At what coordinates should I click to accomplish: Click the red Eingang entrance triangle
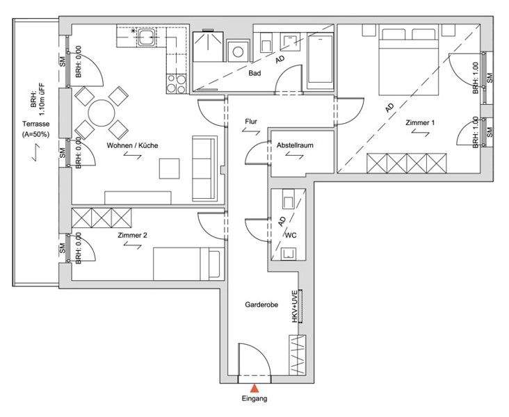point(255,389)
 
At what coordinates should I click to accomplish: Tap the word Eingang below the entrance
point(255,398)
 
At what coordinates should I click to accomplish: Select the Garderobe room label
point(261,304)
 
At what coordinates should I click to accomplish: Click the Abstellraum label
point(295,145)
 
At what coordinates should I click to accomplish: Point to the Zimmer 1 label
point(420,122)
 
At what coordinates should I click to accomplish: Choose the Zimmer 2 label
point(132,236)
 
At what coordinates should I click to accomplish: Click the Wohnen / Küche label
point(132,145)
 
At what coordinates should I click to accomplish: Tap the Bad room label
point(255,74)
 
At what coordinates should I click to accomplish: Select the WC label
point(291,236)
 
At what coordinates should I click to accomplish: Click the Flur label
point(251,122)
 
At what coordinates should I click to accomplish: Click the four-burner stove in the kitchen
point(177,83)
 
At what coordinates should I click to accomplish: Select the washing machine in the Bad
point(239,51)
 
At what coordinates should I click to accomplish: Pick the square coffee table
point(170,168)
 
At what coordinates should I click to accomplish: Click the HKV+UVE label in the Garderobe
point(295,306)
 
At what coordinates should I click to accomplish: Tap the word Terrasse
point(35,124)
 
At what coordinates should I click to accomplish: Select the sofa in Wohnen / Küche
point(205,167)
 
